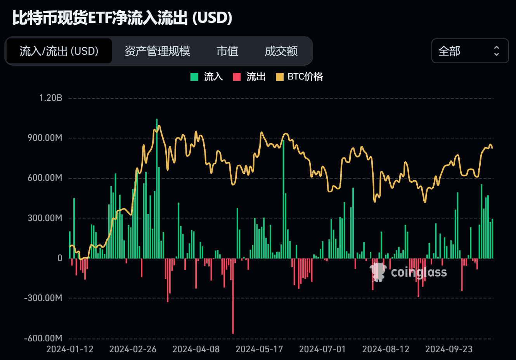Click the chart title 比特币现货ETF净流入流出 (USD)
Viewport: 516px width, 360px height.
122,18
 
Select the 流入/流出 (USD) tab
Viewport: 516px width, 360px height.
59,51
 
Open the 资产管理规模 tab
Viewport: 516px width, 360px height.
157,51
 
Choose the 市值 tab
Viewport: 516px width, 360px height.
227,51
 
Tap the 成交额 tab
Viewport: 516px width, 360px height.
281,51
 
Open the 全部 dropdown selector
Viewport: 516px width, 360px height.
469,51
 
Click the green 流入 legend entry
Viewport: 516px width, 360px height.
207,76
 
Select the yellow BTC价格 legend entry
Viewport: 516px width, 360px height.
300,76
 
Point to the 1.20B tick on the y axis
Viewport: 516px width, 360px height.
51,98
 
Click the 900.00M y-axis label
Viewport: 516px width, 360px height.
45,138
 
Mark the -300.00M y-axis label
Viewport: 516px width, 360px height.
43,298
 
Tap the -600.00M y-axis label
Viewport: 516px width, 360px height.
43,338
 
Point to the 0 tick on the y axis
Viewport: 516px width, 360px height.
60,258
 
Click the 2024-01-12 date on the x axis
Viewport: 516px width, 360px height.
70,349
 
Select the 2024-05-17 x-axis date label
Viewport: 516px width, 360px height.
259,349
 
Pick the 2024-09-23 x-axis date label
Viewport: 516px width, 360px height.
449,349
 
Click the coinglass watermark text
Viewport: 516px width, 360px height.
419,272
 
